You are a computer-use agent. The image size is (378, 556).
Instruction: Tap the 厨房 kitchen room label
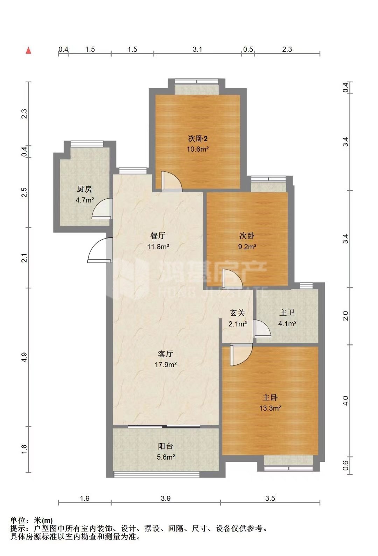(84, 189)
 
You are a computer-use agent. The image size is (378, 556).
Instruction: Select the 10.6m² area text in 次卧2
(198, 149)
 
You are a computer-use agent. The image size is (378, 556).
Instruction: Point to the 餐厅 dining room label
(158, 235)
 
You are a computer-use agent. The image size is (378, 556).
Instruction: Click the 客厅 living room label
(166, 353)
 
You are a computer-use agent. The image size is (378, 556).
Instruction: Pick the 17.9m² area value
(166, 364)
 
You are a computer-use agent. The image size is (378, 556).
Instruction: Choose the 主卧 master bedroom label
(270, 397)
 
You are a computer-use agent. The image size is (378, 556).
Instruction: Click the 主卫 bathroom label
(287, 313)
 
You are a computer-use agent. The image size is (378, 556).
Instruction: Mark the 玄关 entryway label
(238, 313)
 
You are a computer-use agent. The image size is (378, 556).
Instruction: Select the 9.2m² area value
(247, 247)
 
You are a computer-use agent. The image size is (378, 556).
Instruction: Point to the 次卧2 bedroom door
(171, 181)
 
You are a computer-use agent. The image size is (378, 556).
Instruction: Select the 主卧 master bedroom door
(241, 355)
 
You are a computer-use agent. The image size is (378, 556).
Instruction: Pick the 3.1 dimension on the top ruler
(197, 49)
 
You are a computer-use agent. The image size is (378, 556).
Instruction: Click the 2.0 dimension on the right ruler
(346, 316)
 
